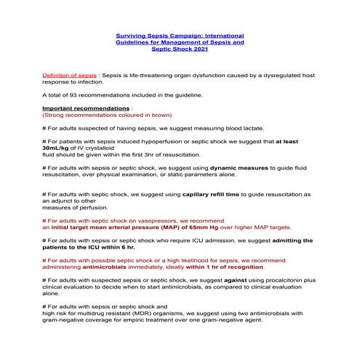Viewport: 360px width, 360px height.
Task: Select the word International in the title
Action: (x=223, y=35)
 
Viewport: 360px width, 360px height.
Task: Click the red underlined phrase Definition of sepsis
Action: (x=70, y=75)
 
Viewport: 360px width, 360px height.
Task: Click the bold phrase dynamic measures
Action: (x=239, y=168)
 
